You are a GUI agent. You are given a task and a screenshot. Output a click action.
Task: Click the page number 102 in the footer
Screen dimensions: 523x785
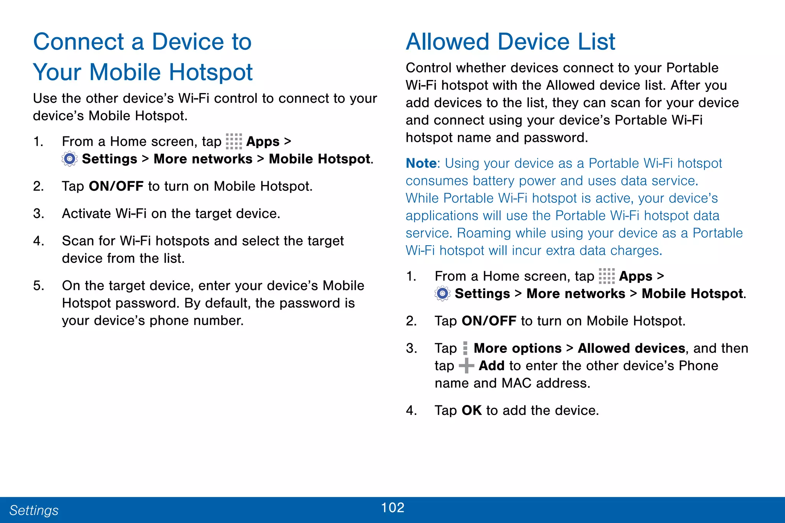(x=392, y=508)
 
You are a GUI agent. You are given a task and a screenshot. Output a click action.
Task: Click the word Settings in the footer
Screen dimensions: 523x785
(x=34, y=510)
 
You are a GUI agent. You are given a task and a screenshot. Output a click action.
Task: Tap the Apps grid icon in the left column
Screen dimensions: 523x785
(x=233, y=141)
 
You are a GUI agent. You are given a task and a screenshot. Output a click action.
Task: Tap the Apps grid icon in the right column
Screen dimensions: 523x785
(x=606, y=276)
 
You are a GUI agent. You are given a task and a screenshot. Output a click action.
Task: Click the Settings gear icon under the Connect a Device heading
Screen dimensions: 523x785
(x=69, y=159)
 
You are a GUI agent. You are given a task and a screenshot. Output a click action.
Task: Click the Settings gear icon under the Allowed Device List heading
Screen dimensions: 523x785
(x=442, y=293)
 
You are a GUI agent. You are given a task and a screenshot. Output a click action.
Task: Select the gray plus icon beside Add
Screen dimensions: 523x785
(x=466, y=366)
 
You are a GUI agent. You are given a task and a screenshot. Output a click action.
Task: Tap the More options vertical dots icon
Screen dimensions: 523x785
(x=465, y=348)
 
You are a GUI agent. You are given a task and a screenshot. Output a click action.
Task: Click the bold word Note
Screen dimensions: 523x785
(x=421, y=163)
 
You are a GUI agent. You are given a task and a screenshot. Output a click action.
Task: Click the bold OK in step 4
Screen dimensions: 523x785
(x=471, y=410)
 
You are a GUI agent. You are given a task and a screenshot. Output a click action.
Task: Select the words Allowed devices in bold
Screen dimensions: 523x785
(x=631, y=348)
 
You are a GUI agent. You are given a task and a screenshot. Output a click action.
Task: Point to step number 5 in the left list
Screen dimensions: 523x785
(x=38, y=285)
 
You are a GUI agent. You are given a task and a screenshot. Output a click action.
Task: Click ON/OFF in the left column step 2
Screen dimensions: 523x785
(x=116, y=186)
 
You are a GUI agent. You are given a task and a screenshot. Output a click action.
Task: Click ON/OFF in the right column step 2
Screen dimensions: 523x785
(x=489, y=321)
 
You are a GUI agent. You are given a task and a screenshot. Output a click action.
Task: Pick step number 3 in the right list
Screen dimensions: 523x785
(x=411, y=348)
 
